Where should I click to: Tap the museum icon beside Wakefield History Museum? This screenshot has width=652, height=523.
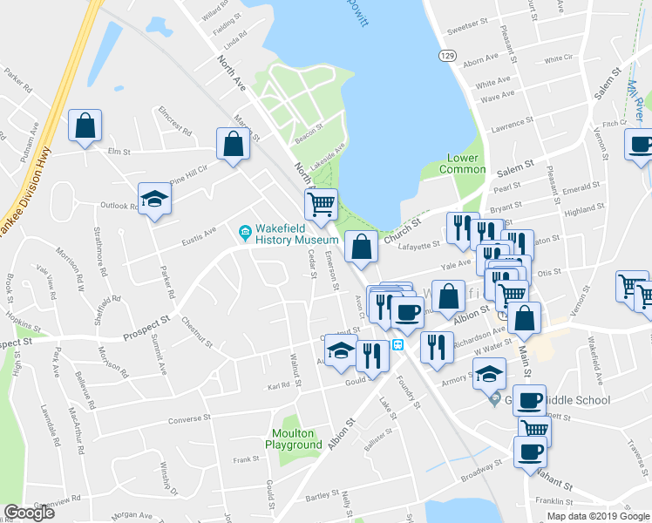point(246,232)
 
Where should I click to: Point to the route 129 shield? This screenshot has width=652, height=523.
point(446,55)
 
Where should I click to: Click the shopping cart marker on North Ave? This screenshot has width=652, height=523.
point(321,205)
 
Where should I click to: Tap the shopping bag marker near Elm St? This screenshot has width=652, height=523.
point(85,126)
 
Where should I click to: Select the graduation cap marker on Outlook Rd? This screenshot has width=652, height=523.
point(154,199)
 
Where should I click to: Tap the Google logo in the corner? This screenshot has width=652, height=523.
point(29,513)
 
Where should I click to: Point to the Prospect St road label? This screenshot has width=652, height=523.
point(145,323)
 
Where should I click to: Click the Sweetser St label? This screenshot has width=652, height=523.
point(465,27)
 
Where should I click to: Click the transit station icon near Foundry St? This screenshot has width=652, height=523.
point(397,344)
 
